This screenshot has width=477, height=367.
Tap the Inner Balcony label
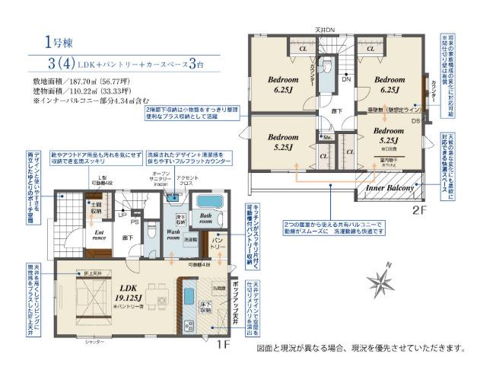(x=390, y=187)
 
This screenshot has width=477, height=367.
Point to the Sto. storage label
(x=326, y=139)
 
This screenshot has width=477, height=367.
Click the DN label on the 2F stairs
(x=345, y=79)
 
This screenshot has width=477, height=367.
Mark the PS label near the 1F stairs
(x=135, y=222)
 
